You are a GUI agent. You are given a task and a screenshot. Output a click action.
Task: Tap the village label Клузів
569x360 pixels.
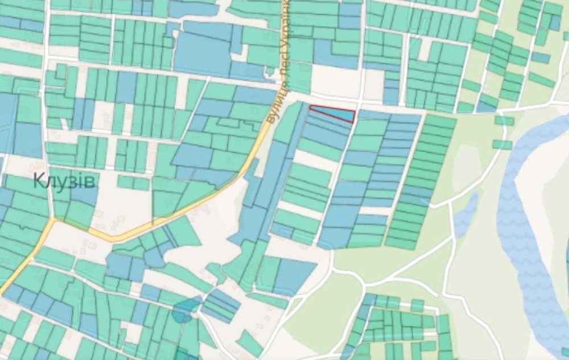click(65, 181)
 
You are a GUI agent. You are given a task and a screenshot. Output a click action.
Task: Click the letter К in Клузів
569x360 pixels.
click(39, 181)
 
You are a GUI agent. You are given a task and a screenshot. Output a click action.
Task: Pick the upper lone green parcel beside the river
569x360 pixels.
click(504, 120)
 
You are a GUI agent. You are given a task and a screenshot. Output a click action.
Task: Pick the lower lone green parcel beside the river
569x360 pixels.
click(502, 144)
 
